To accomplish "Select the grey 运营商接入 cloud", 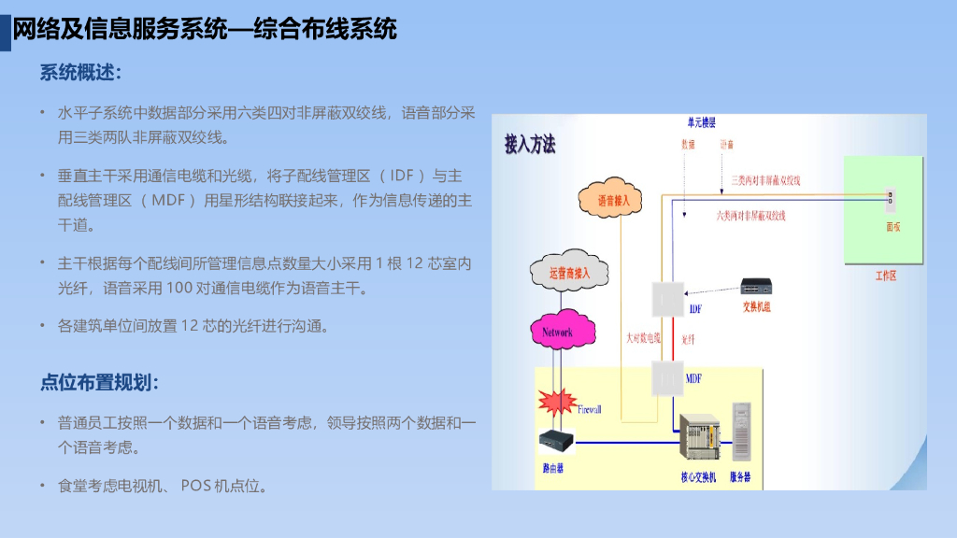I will tap(569, 273).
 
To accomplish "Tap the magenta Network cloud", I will tap(557, 332).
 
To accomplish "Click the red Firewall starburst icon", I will tap(558, 402).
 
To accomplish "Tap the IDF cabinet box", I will tap(669, 299).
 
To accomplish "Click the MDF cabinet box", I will tap(668, 378).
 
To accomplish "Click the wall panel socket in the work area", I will tap(891, 197).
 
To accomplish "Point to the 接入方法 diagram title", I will tap(530, 146).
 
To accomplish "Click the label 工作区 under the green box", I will tap(885, 276).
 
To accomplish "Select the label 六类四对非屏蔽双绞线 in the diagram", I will tap(750, 216).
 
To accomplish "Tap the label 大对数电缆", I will tap(642, 338).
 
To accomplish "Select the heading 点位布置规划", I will tap(99, 382).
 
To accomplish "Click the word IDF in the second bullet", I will tap(402, 176).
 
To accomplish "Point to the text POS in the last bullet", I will tap(197, 486).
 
